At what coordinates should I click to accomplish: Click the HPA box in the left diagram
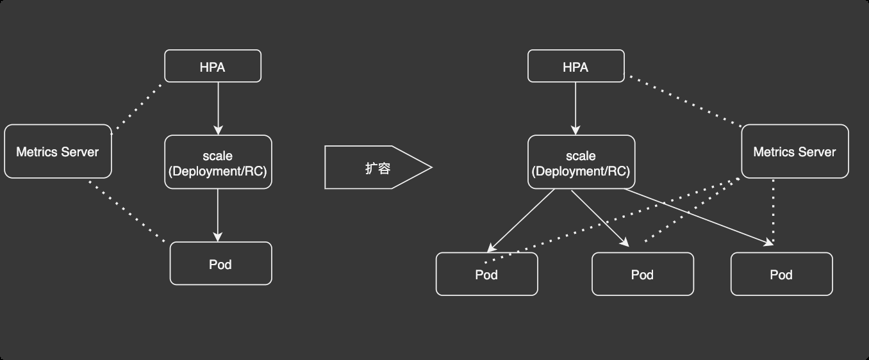coord(213,67)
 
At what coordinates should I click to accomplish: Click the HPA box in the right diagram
coord(575,67)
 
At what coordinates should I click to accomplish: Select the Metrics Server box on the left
coord(58,152)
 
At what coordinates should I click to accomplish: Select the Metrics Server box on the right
coord(795,152)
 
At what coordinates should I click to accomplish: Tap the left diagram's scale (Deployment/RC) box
coord(218,163)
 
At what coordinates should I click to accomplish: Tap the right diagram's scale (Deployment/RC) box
coord(581,163)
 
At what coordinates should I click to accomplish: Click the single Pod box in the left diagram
coord(220,264)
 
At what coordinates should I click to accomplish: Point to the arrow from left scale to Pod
coord(218,215)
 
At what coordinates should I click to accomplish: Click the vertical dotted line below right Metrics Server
coord(774,211)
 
